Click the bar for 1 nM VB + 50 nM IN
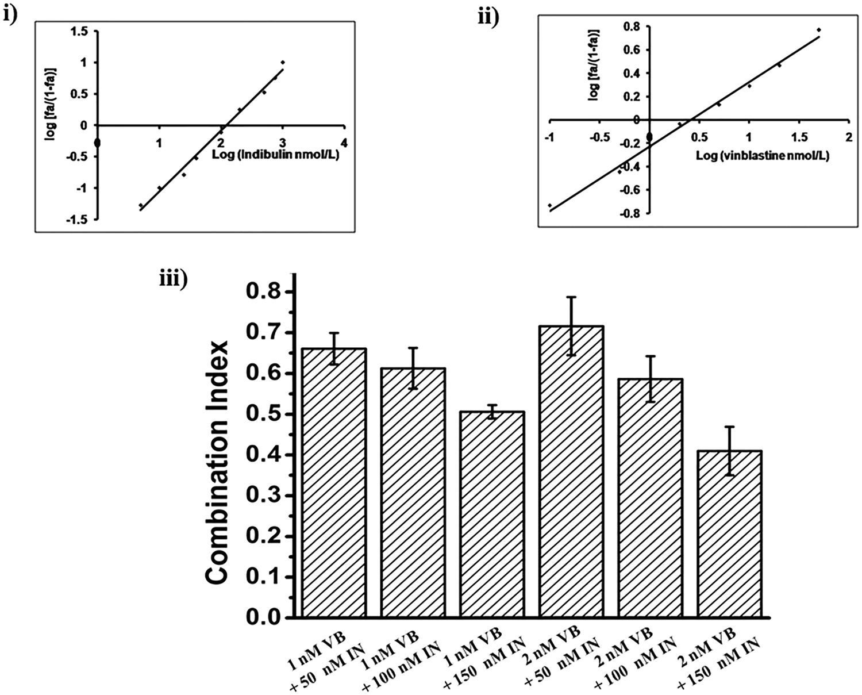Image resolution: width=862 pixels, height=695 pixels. [x=334, y=483]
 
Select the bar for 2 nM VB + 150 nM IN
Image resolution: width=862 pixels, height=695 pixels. [x=729, y=534]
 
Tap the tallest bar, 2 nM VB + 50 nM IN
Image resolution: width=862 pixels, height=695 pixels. [x=571, y=471]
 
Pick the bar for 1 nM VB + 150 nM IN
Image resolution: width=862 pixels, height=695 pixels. [x=492, y=514]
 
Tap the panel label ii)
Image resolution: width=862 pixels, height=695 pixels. [x=488, y=17]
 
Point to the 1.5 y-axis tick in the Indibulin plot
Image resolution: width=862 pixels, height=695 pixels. [x=80, y=32]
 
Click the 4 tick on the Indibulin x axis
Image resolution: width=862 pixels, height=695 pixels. [x=344, y=142]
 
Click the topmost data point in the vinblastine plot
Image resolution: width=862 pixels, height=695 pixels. [x=819, y=30]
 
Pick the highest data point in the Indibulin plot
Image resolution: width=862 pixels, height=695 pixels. [x=282, y=62]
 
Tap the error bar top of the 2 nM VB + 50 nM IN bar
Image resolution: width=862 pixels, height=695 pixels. [x=571, y=297]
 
